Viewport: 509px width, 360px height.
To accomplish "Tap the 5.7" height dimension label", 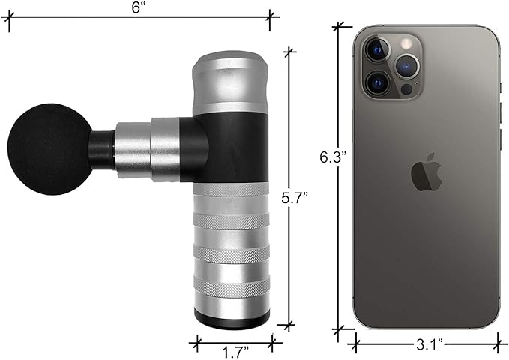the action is [x=295, y=199].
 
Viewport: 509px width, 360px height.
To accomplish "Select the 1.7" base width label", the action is [x=235, y=352].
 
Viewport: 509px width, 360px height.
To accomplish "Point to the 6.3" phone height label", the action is [x=334, y=157].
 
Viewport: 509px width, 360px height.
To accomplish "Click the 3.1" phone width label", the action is [x=430, y=344].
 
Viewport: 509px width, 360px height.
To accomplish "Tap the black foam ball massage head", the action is [x=49, y=149].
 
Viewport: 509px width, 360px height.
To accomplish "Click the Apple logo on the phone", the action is [x=427, y=172].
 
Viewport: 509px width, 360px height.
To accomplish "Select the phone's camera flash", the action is [x=405, y=43].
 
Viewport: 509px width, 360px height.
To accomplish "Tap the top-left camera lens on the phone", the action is [x=378, y=49].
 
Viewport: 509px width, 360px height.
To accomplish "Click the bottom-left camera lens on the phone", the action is [x=377, y=83].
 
